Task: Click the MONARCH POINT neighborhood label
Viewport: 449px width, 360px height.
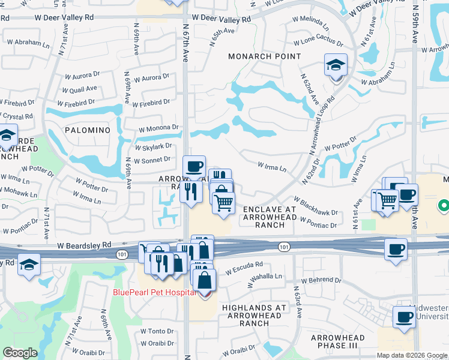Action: [x=265, y=56]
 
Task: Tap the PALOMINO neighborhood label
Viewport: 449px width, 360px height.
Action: [x=88, y=130]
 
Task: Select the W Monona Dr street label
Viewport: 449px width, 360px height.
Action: [x=158, y=128]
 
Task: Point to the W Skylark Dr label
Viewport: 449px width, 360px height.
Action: [x=154, y=146]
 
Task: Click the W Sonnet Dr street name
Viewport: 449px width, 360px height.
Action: [x=153, y=161]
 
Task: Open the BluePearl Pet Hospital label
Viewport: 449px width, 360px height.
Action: [x=154, y=292]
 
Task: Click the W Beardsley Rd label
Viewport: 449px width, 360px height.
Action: [x=85, y=245]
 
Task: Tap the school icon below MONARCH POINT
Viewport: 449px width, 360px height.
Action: [x=336, y=66]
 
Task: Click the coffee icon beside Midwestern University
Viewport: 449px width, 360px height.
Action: [x=403, y=317]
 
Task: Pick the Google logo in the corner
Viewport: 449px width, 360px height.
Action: [x=20, y=353]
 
